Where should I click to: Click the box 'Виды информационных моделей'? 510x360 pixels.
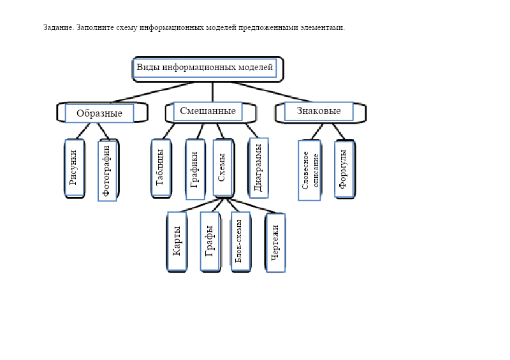point(205,68)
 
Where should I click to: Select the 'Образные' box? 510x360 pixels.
point(99,113)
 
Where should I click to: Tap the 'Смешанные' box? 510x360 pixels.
point(208,111)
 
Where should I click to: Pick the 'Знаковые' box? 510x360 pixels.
point(319,111)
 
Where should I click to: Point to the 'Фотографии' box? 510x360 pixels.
point(107,171)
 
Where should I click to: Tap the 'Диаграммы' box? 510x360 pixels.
point(258,168)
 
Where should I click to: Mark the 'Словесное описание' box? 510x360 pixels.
point(309,170)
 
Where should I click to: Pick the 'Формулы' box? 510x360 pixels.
point(344,169)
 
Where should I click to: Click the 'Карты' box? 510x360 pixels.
point(177,241)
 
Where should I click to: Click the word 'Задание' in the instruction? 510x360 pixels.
point(58,27)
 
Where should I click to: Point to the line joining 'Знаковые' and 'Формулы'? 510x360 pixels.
point(337,131)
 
